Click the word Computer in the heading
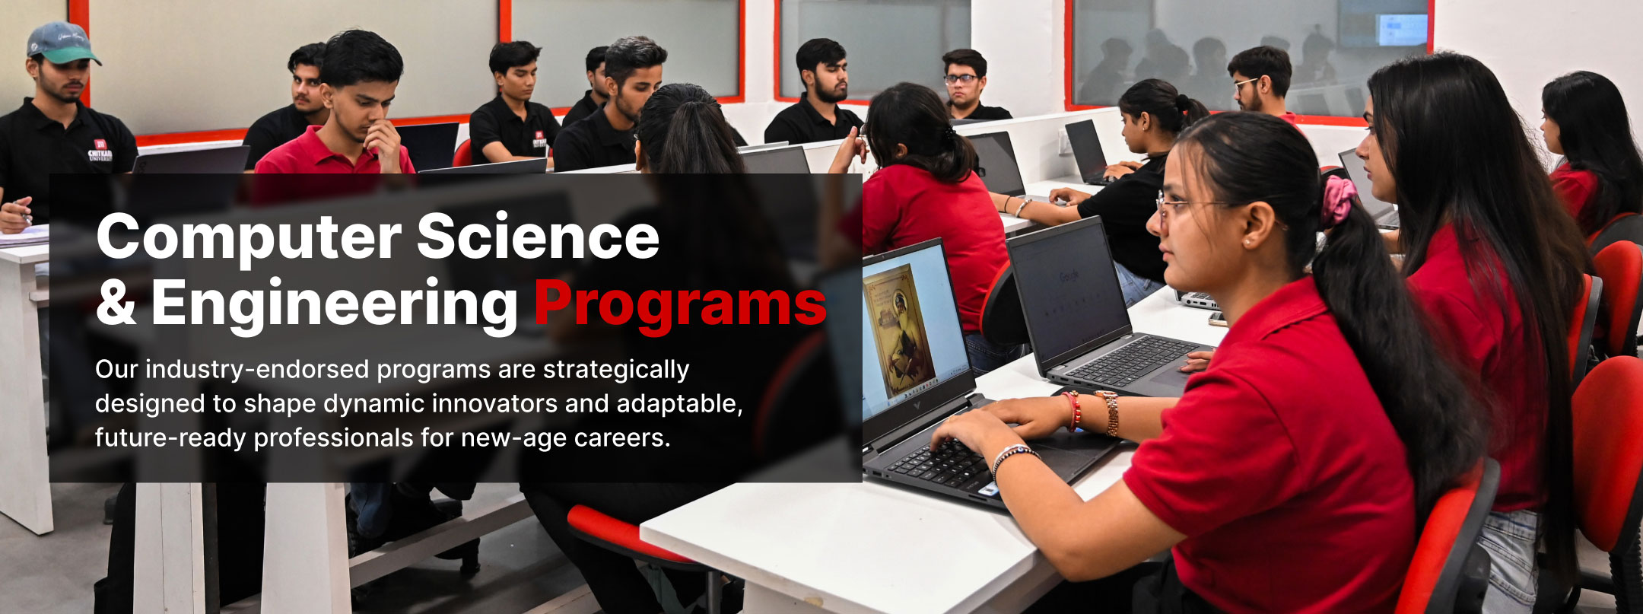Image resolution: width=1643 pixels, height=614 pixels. pyautogui.click(x=249, y=237)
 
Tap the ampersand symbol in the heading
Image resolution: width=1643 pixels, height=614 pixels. pyautogui.click(x=116, y=303)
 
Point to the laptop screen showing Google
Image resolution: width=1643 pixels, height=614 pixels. pyautogui.click(x=1069, y=289)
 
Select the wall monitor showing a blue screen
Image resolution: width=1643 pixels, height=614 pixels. pyautogui.click(x=1401, y=29)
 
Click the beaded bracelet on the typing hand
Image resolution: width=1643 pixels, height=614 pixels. pyautogui.click(x=1013, y=454)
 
